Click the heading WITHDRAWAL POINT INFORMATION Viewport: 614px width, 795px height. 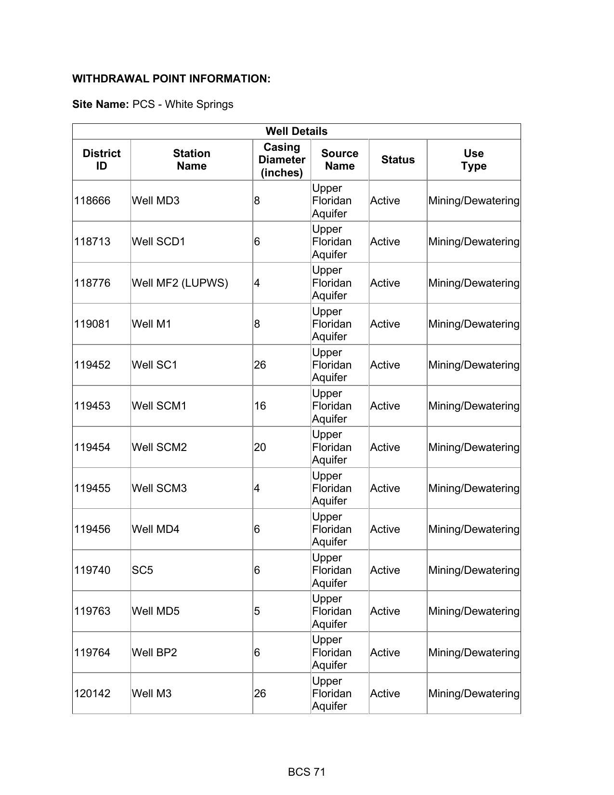[171, 79]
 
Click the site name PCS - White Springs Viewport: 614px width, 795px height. [183, 105]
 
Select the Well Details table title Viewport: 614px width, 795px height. [296, 132]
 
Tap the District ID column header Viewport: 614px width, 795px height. [101, 159]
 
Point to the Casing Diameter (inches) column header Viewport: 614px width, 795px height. [282, 159]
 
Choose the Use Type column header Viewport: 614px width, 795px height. [473, 159]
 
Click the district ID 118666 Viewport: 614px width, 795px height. [92, 200]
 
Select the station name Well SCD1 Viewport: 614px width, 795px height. [158, 241]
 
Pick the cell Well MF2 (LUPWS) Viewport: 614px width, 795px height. [180, 283]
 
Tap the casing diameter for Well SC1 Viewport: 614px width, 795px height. [260, 365]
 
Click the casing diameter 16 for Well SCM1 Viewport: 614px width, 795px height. [260, 406]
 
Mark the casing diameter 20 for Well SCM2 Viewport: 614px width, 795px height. [260, 447]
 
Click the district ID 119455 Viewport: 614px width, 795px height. [92, 488]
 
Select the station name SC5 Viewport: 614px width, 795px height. [142, 570]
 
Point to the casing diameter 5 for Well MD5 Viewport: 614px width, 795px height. [257, 611]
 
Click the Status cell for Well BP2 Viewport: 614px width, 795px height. [385, 652]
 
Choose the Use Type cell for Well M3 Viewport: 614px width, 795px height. [473, 693]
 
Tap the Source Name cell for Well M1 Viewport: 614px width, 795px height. [332, 324]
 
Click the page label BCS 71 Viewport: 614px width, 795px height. [307, 772]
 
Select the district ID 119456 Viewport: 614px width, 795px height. [92, 529]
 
